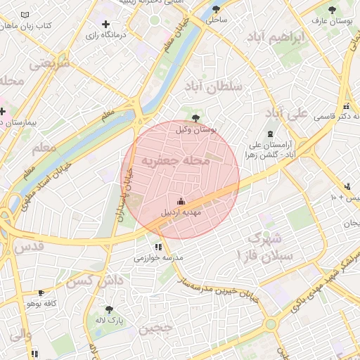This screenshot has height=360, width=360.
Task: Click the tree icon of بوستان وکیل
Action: coord(195,117)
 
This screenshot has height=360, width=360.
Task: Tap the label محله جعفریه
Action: coord(176,161)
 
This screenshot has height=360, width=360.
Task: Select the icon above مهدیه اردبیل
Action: coord(181,201)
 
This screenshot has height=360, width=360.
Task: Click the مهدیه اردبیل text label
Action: coord(182,212)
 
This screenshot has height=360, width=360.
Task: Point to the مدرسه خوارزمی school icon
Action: coord(157,247)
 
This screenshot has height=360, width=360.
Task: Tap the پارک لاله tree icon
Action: coord(108,309)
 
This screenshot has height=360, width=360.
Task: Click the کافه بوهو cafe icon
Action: coord(41,292)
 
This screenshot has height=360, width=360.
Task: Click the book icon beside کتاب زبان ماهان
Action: coord(26,15)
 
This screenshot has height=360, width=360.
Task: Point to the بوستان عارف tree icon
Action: coord(332,10)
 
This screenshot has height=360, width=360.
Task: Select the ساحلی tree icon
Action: coord(216,10)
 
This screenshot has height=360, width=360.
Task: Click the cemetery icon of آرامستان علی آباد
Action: coord(269,134)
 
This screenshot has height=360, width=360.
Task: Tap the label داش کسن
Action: coord(89,281)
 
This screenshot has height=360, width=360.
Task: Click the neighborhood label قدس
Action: coord(29,246)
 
